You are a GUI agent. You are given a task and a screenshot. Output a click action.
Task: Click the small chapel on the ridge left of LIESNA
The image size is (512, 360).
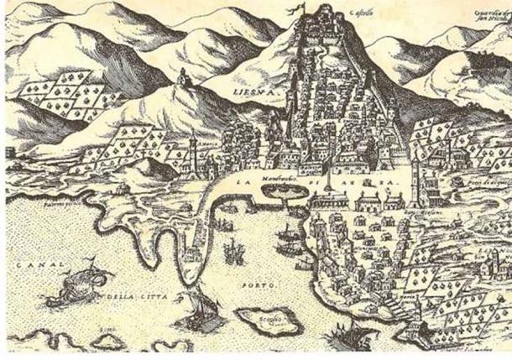181,78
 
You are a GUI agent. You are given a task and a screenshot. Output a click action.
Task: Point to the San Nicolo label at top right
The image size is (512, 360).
484,16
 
